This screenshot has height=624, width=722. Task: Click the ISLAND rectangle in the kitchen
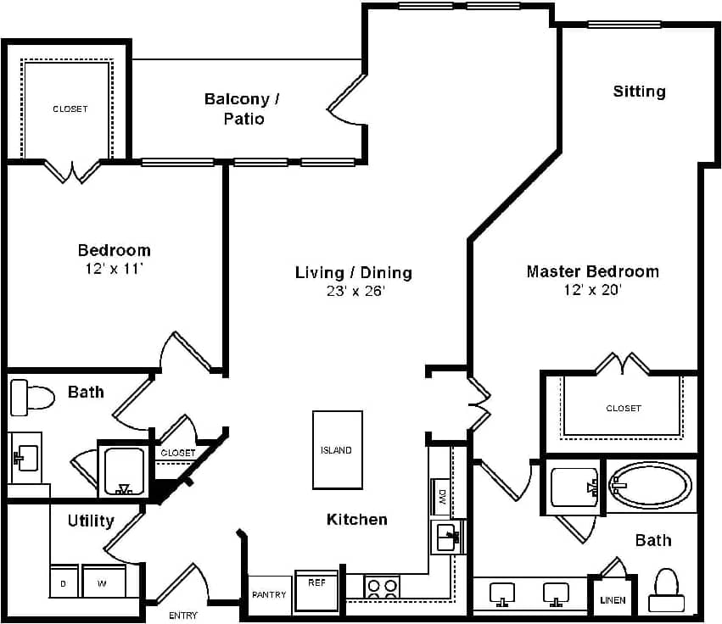coord(337,450)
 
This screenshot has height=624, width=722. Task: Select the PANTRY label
coord(269,595)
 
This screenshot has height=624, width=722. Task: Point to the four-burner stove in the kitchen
coord(382,587)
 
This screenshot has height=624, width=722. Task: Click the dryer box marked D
coord(64,582)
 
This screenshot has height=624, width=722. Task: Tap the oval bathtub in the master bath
coord(650,486)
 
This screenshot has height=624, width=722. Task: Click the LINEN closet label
coord(612,600)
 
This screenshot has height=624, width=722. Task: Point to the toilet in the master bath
coord(666,588)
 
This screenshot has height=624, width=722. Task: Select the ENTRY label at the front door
coord(183,616)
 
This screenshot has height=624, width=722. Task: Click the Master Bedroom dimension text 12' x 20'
coord(592,290)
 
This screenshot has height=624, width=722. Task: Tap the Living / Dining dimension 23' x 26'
coord(353,291)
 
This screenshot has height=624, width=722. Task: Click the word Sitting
coord(639,91)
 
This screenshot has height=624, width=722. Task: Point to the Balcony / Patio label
coord(243,109)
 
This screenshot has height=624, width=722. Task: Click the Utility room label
coord(91,521)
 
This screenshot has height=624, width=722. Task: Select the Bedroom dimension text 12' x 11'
coord(114,269)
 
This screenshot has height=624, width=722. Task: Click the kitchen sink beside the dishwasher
coord(446,536)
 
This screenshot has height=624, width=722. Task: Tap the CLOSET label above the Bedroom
coord(70,109)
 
